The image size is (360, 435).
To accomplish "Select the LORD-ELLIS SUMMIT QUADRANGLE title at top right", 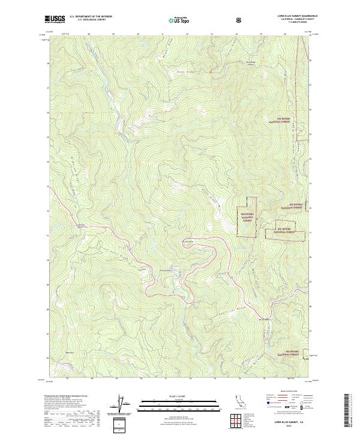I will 294,16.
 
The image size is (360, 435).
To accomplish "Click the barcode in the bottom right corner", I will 349,412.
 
